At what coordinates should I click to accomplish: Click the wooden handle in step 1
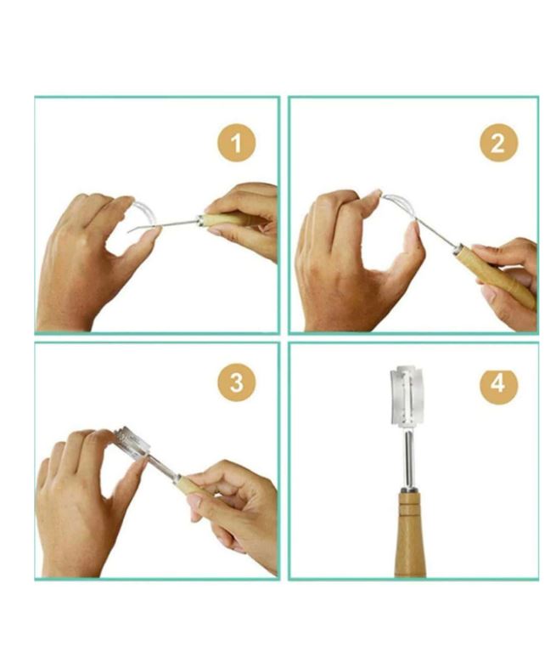[x=222, y=219]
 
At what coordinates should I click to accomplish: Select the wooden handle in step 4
[x=411, y=535]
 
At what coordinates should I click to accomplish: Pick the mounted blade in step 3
[x=131, y=443]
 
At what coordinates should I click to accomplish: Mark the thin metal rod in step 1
[x=174, y=224]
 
